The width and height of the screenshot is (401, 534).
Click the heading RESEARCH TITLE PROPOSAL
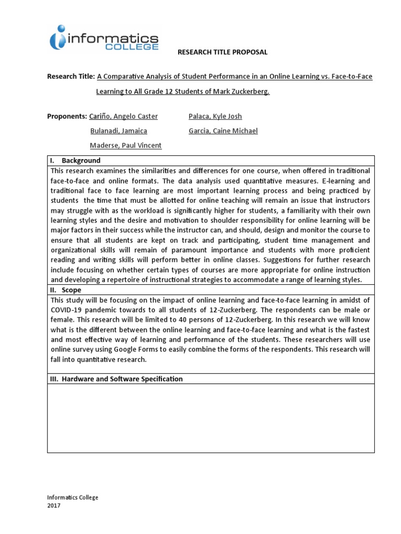(222, 52)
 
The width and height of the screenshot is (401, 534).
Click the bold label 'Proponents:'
(67, 116)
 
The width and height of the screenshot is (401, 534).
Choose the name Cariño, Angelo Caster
(124, 116)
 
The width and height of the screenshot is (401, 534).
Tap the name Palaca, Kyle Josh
(215, 116)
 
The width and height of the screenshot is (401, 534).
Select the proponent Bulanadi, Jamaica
(119, 131)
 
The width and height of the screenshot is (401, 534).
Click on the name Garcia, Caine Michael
(223, 131)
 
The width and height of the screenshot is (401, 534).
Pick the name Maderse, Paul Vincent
(126, 145)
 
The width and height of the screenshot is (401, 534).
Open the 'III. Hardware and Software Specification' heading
(116, 379)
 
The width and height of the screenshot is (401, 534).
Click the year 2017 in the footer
(54, 506)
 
